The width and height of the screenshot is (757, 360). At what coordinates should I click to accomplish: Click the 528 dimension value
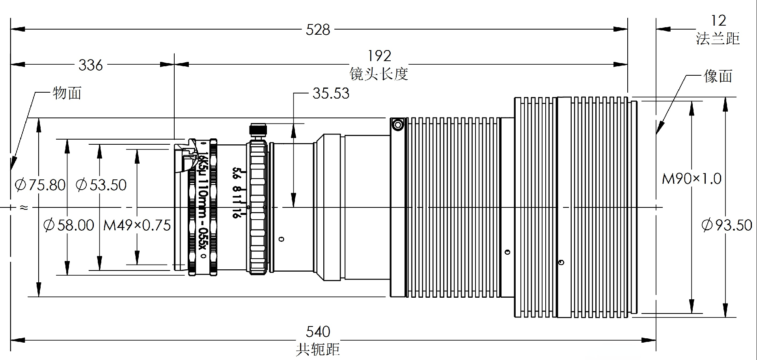318,30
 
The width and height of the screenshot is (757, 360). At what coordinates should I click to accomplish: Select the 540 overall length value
318,332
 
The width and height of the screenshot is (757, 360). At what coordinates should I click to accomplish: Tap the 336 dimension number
91,65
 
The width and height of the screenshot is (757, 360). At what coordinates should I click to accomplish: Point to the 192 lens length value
379,56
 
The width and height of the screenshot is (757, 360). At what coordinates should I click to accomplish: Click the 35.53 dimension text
331,93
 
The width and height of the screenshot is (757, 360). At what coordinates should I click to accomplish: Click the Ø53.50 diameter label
101,185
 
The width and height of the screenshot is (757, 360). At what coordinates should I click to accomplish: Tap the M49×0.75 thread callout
137,226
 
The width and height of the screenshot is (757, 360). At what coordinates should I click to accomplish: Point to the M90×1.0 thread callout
692,179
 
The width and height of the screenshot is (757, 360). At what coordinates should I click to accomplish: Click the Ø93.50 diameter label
727,226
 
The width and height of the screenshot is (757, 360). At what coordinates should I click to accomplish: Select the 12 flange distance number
718,21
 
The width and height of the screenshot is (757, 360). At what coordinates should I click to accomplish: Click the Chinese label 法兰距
718,39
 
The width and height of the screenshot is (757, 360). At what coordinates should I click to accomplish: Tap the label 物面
67,93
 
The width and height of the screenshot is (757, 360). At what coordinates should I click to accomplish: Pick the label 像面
718,76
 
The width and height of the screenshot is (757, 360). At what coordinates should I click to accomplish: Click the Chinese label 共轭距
318,349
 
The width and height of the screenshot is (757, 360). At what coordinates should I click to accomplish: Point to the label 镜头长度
378,74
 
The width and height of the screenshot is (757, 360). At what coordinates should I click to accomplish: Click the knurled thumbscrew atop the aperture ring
258,130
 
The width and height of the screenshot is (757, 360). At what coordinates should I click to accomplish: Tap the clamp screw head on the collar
398,125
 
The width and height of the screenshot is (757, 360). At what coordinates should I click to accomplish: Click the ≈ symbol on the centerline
24,207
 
